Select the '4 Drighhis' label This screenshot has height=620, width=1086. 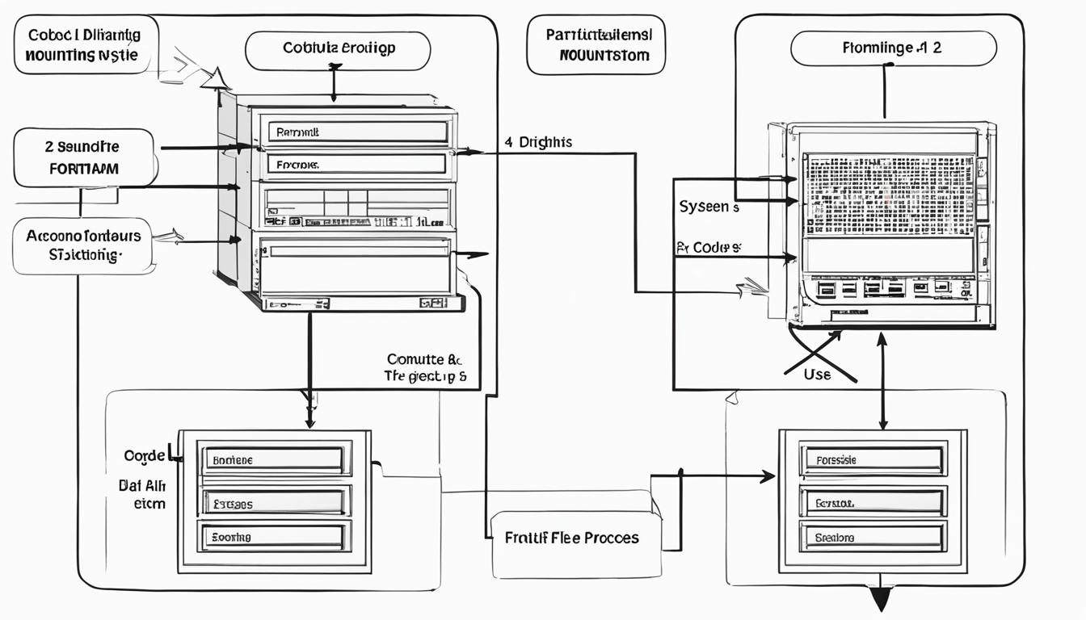tap(538, 142)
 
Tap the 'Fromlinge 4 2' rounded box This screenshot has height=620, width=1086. tap(893, 48)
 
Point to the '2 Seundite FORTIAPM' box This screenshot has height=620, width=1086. tap(83, 157)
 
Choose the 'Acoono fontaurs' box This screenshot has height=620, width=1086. tap(83, 245)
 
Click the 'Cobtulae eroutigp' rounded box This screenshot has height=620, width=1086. tap(338, 50)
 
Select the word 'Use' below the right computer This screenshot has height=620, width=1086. tap(817, 375)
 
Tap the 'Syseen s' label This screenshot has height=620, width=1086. tap(709, 207)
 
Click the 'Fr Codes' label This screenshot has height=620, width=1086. tap(707, 248)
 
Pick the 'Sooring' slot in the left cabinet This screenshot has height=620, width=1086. tap(274, 536)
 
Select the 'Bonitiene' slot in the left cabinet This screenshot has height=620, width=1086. tap(274, 459)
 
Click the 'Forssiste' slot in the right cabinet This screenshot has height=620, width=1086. tap(873, 459)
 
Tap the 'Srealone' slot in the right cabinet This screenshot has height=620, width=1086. tap(873, 536)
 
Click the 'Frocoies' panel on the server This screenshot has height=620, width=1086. tap(356, 164)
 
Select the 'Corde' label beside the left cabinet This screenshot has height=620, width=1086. tap(145, 455)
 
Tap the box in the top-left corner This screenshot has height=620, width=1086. tap(86, 44)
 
